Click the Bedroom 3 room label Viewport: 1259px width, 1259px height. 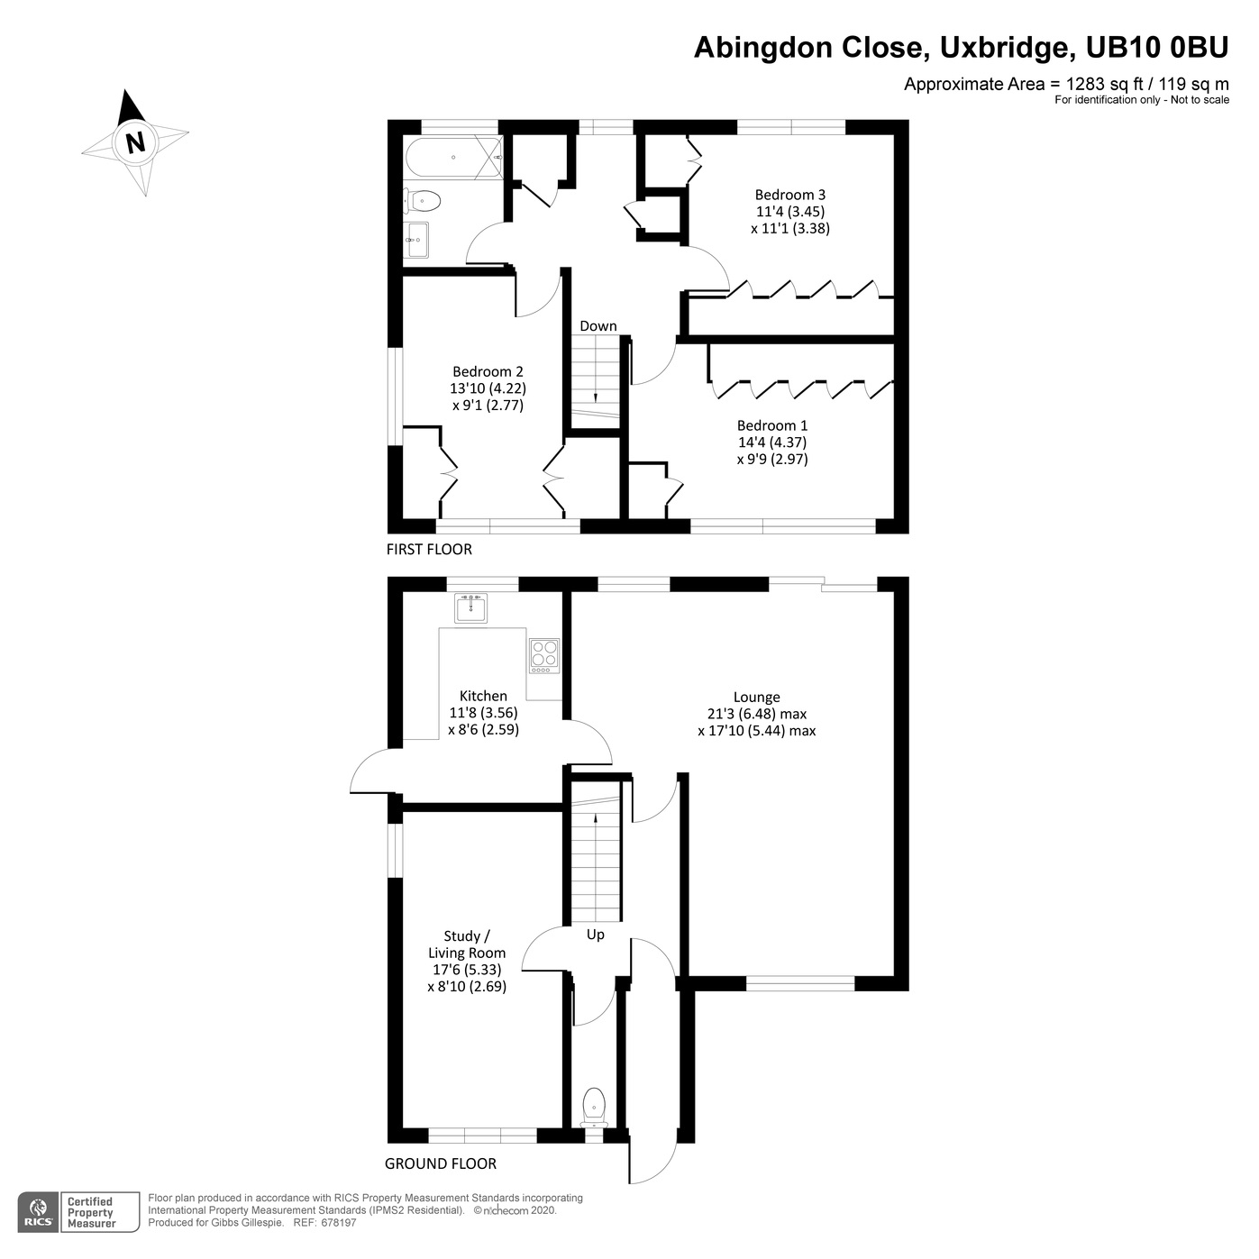[x=789, y=195]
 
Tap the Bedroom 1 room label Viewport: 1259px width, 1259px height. [x=771, y=425]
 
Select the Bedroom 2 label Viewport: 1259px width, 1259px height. [x=488, y=371]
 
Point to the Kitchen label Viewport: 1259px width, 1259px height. [x=483, y=696]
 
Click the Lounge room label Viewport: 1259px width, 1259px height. [x=756, y=697]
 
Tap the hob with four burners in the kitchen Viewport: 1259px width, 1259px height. [x=543, y=655]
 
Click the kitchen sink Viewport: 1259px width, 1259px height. [x=470, y=608]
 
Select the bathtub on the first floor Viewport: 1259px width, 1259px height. [x=452, y=158]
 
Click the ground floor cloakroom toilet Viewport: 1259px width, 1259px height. [x=594, y=1105]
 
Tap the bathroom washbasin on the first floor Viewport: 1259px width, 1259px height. [x=417, y=240]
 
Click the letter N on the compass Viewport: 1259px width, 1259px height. [x=135, y=142]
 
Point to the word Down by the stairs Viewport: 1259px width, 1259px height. [x=598, y=326]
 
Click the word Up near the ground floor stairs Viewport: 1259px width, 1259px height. [x=595, y=935]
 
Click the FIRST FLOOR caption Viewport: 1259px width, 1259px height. [x=429, y=550]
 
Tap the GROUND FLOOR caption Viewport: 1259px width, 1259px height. [x=440, y=1163]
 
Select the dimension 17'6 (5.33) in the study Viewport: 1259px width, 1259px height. [x=467, y=970]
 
